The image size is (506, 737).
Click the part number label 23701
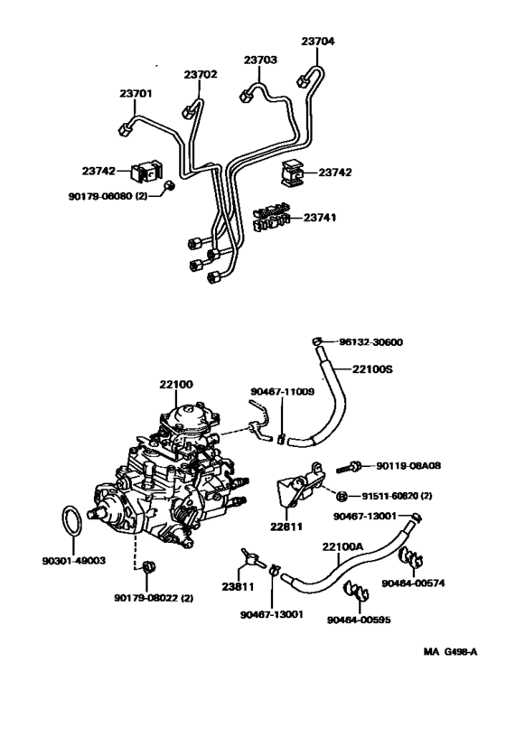coord(136,92)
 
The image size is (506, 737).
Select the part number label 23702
coord(201,75)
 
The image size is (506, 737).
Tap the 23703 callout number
coord(260,61)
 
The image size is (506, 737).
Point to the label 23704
coord(317,41)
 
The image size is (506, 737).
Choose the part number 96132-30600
coord(371,342)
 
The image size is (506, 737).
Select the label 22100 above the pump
coord(176,385)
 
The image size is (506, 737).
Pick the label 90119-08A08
coord(408,466)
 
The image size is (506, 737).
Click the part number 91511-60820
coord(402,496)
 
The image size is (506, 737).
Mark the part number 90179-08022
coord(154,597)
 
